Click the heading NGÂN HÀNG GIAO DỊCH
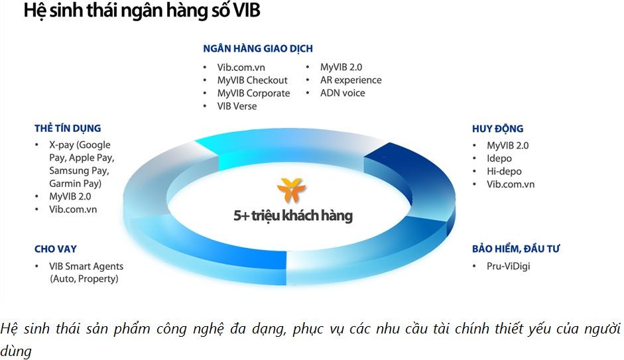pos(257,48)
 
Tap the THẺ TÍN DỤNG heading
pos(68,128)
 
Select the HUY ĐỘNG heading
pos(497,129)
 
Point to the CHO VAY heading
pos(56,249)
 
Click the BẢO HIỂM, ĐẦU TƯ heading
pos(517,249)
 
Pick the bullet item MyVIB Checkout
pos(252,80)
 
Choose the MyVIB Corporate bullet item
pos(253,93)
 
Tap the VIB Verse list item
pos(237,106)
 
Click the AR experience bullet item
pos(351,80)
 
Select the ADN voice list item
pos(342,93)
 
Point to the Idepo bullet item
pos(499,158)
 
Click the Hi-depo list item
pos(504,171)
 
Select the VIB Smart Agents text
pos(87,266)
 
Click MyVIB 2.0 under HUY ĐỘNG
pos(508,145)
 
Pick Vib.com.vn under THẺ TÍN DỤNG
pos(73,210)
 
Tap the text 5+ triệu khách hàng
pos(293,215)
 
